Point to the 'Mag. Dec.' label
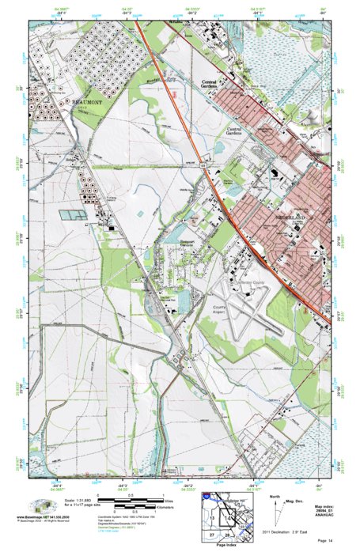click(295, 500)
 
